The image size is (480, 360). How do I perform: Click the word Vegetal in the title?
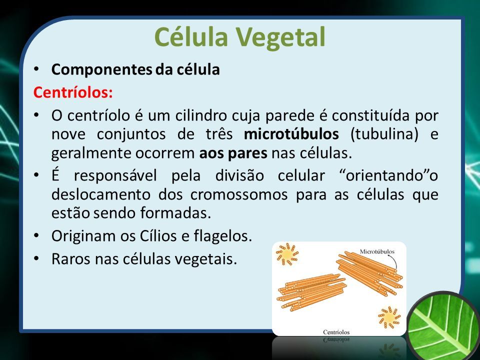point(280,38)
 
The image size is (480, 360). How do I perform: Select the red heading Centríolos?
point(73,92)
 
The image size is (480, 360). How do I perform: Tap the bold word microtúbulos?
point(291,134)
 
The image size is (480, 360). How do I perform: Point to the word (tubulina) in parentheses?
point(384,134)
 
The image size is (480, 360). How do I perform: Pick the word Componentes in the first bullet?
point(101,70)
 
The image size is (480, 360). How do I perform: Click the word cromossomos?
point(239,195)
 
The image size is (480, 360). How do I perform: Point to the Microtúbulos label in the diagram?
point(377,251)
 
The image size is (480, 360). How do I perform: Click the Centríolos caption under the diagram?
point(336,332)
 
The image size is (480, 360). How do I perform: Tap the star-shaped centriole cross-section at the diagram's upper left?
point(287,254)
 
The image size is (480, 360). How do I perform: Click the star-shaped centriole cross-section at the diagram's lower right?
point(389,317)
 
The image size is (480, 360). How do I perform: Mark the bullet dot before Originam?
point(36,235)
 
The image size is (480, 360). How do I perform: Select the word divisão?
point(239,175)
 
